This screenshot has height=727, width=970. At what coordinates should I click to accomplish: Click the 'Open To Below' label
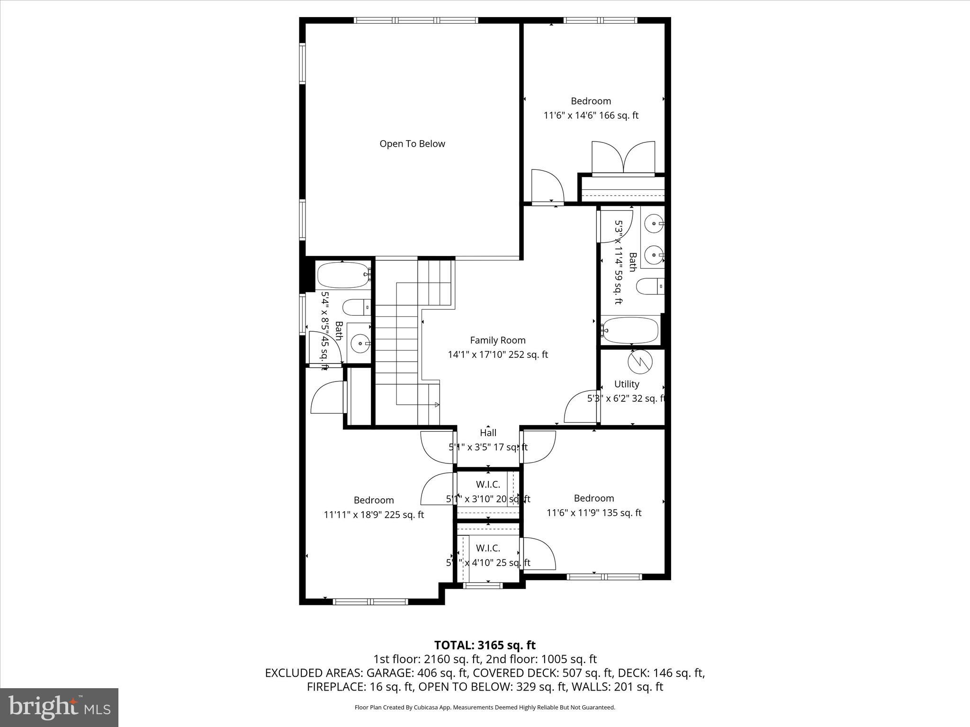pyautogui.click(x=412, y=144)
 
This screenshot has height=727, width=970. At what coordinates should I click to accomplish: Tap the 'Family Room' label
pyautogui.click(x=497, y=340)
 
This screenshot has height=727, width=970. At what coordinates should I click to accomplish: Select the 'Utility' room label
pyautogui.click(x=626, y=384)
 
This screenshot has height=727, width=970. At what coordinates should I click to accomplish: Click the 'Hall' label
pyautogui.click(x=488, y=433)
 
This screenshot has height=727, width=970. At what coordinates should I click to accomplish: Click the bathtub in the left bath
pyautogui.click(x=343, y=275)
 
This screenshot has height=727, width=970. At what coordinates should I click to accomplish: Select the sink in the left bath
pyautogui.click(x=360, y=343)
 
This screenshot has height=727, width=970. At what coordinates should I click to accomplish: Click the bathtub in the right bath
pyautogui.click(x=630, y=330)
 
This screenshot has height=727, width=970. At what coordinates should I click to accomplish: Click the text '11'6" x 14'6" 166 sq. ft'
pyautogui.click(x=591, y=115)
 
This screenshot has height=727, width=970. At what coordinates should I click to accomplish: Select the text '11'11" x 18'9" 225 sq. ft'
pyautogui.click(x=374, y=515)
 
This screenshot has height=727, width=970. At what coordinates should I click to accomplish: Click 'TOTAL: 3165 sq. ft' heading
pyautogui.click(x=485, y=645)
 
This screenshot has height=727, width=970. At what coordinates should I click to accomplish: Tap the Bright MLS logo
pyautogui.click(x=59, y=707)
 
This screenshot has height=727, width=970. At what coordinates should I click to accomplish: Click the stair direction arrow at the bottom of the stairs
pyautogui.click(x=437, y=405)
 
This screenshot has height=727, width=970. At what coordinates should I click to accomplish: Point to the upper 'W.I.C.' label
pyautogui.click(x=488, y=484)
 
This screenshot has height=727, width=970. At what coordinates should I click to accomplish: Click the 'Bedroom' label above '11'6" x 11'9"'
pyautogui.click(x=593, y=498)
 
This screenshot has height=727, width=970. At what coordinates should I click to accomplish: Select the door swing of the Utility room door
pyautogui.click(x=582, y=407)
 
